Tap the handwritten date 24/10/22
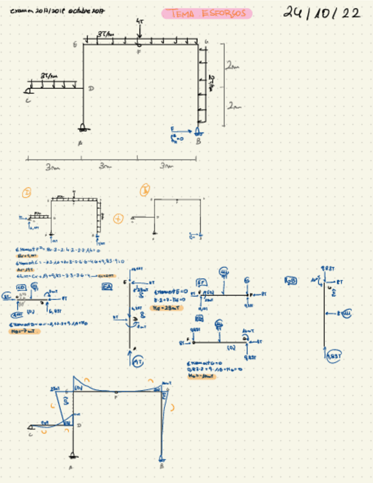tap(322, 13)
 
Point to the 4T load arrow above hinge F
tap(139, 31)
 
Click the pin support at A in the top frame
tap(84, 128)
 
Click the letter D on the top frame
tap(91, 88)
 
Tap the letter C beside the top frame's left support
tap(27, 100)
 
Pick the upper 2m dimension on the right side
tap(232, 67)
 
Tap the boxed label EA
tap(107, 288)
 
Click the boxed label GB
tap(291, 281)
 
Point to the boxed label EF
tap(202, 281)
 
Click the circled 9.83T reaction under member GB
tap(333, 355)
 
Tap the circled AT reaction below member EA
tap(137, 362)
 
